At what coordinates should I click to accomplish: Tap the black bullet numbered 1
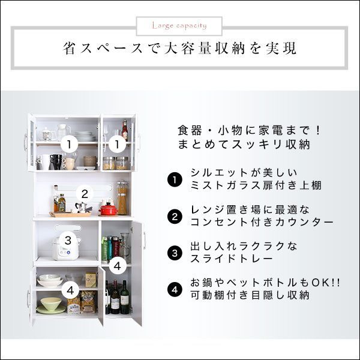pyautogui.click(x=174, y=179)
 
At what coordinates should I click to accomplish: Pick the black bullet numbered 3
pyautogui.click(x=174, y=253)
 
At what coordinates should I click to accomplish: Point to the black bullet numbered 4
pyautogui.click(x=174, y=289)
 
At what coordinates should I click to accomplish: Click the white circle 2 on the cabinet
pyautogui.click(x=85, y=194)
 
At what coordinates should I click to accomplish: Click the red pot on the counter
pyautogui.click(x=108, y=208)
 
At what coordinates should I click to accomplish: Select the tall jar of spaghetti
pyautogui.click(x=122, y=197)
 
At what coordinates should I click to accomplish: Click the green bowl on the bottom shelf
pyautogui.click(x=50, y=307)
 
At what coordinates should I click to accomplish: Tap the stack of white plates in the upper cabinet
pyautogui.click(x=85, y=136)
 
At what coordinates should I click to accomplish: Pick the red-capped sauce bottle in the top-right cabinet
pyautogui.click(x=125, y=130)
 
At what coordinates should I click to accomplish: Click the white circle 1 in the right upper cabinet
pyautogui.click(x=118, y=144)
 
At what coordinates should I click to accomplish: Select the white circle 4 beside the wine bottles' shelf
pyautogui.click(x=118, y=265)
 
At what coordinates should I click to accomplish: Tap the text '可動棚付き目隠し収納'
pyautogui.click(x=249, y=296)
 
